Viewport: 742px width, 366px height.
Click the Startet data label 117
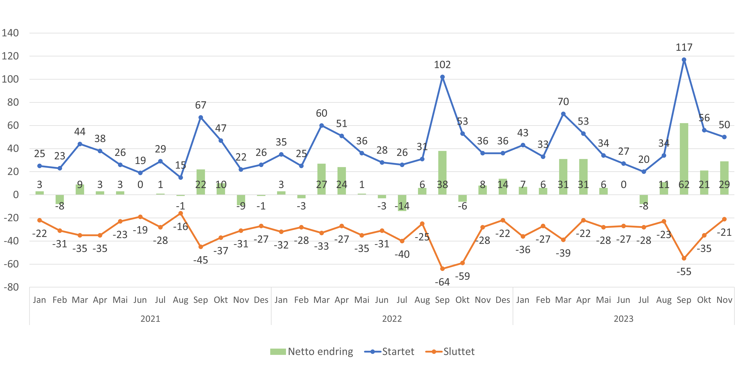(684, 47)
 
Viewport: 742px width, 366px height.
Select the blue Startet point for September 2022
(442, 77)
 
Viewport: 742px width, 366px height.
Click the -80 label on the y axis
(11, 287)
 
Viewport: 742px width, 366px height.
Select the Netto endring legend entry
(312, 352)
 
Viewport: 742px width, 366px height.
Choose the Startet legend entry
(389, 352)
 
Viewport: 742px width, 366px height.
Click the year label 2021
(150, 319)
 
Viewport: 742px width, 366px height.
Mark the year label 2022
(392, 319)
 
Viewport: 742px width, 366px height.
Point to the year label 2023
(623, 319)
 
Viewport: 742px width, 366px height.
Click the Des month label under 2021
(261, 300)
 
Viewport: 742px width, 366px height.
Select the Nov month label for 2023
(724, 300)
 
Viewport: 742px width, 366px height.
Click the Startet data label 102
(442, 65)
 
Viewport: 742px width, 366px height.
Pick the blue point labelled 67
(201, 118)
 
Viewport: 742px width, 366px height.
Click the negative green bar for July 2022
(402, 203)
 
